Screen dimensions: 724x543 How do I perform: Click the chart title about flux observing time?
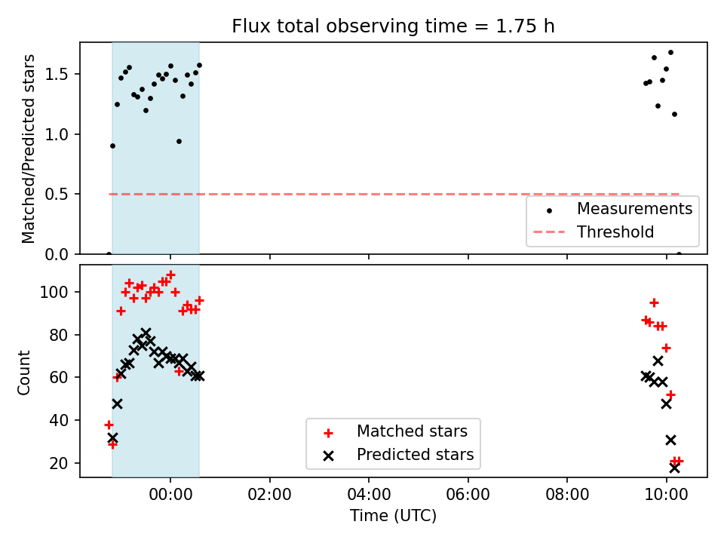pos(393,26)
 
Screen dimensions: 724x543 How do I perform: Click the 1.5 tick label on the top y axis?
pos(57,75)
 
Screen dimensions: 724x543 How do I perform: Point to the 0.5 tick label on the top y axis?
pos(57,195)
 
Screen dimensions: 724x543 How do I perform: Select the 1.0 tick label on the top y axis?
pos(57,134)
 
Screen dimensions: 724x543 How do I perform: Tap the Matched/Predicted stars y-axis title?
pos(28,149)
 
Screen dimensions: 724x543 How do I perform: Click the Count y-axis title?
pos(23,372)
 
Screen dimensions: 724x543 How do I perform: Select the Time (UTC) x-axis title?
pos(393,515)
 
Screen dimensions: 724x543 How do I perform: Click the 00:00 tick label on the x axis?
pos(170,495)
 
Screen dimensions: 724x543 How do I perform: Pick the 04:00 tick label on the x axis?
pos(369,495)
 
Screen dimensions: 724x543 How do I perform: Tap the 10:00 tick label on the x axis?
pos(666,495)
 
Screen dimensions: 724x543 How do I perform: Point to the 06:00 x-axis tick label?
pos(468,495)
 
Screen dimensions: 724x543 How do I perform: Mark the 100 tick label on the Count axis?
pos(54,293)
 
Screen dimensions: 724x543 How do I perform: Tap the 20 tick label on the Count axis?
pos(59,463)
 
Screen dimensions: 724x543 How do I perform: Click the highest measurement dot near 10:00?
pos(670,53)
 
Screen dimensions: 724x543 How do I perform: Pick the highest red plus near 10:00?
pos(654,303)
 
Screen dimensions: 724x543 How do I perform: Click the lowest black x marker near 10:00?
pos(674,468)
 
